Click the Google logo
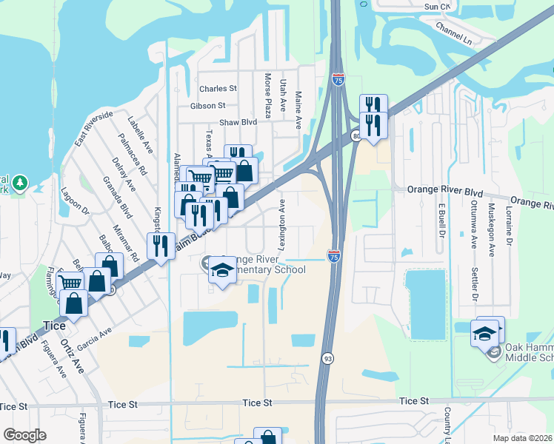pos(24,435)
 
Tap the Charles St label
pos(218,88)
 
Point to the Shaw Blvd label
pos(238,123)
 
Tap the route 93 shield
pos(327,358)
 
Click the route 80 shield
pos(357,136)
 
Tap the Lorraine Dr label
pos(509,225)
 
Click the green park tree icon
pos(21,182)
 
